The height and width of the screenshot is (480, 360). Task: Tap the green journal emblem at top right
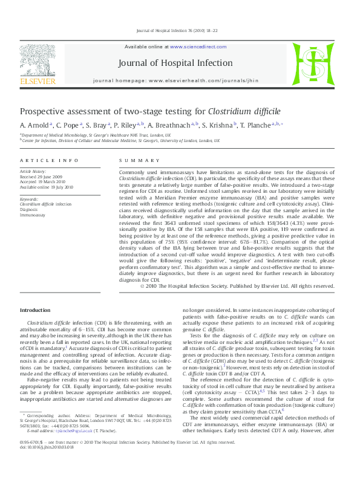(313, 64)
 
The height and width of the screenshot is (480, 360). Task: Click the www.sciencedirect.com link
(194, 47)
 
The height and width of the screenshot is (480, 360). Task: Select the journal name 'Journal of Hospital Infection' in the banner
(175, 62)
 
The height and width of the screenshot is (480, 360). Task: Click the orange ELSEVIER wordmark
(38, 81)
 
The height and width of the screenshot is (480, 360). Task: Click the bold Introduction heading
(36, 310)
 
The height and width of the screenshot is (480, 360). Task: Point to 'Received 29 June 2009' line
(42, 177)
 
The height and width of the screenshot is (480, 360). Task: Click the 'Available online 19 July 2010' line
(47, 187)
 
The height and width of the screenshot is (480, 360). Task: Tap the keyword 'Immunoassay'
(33, 214)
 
